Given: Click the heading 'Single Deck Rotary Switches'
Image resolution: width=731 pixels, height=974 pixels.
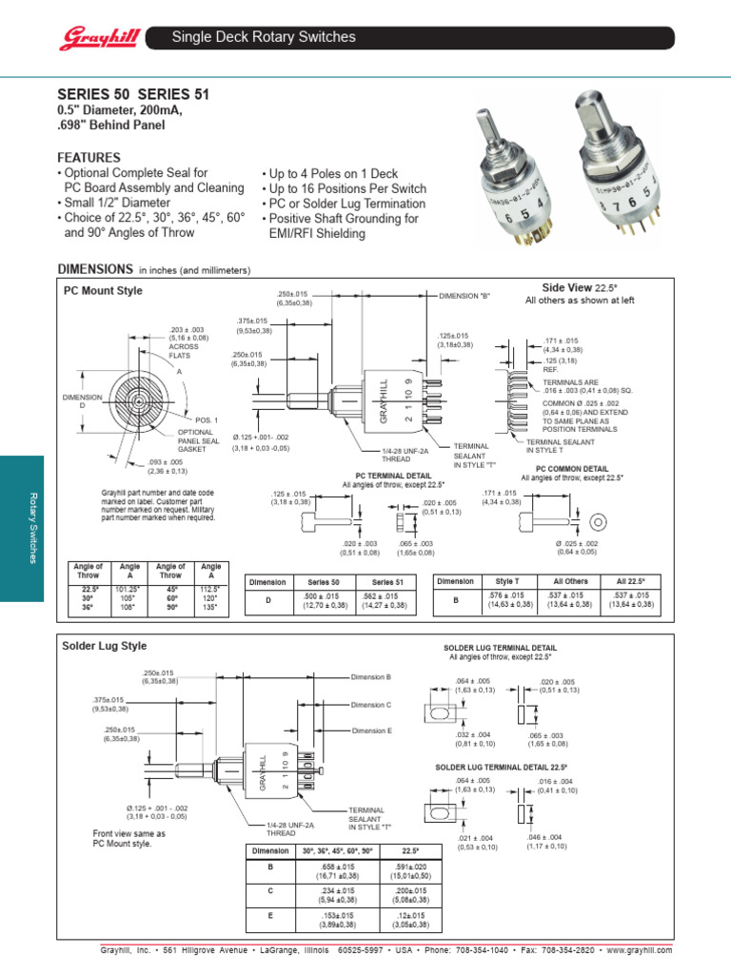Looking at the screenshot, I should coord(263,37).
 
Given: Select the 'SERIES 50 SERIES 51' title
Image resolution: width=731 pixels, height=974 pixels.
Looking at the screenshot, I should coord(133,94).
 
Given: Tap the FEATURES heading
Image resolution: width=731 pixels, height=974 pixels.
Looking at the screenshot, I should coord(89,157).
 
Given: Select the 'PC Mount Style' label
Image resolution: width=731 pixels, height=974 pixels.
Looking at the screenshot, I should coord(103,290).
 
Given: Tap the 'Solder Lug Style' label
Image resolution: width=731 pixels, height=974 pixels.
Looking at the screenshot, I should coord(105,645).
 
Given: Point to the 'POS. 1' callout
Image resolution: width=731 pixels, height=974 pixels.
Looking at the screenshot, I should coord(207,419).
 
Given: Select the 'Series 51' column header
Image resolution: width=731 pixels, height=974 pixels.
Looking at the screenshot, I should coord(387,581).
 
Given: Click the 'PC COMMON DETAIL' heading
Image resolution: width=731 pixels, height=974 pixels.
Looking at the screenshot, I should coord(572,469).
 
